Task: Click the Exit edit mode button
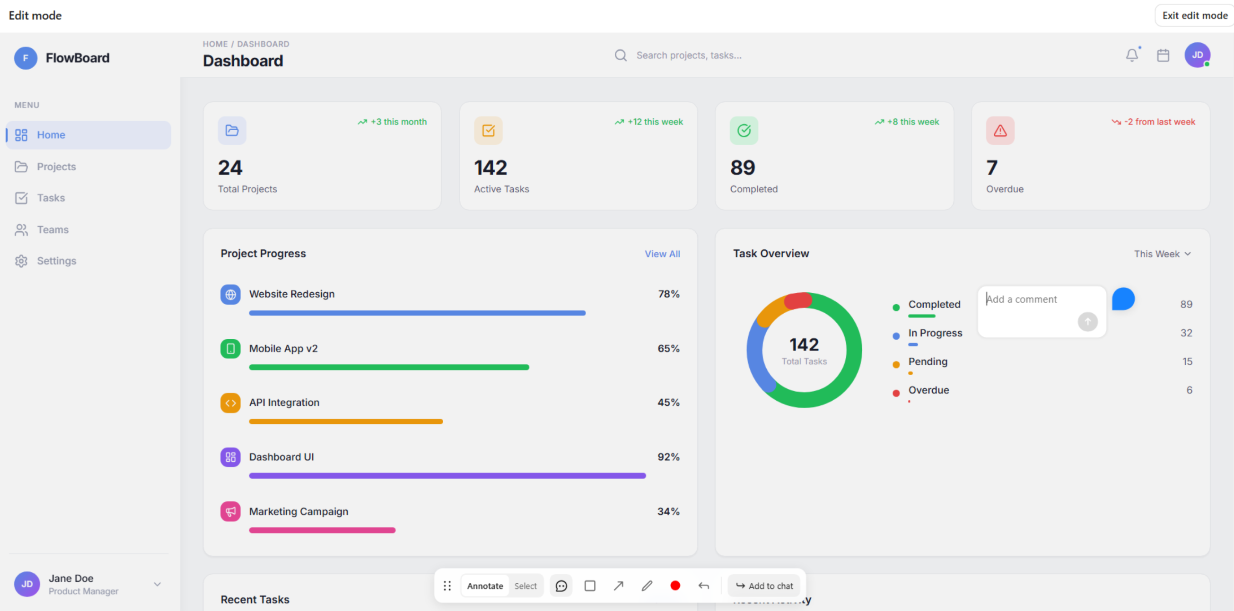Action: (x=1194, y=15)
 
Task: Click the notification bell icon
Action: (x=1132, y=55)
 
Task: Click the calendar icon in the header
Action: (x=1163, y=55)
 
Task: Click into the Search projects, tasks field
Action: (x=688, y=55)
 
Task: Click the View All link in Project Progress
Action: (x=662, y=254)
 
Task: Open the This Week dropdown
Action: (x=1162, y=254)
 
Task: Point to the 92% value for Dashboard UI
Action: (x=668, y=457)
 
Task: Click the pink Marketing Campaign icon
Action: (x=230, y=511)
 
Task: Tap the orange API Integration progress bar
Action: (x=346, y=422)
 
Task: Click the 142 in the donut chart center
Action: (x=804, y=345)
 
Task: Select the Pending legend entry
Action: (x=927, y=362)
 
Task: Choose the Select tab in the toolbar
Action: (x=525, y=586)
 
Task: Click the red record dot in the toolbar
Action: (x=675, y=586)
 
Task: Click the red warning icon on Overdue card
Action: (x=1000, y=130)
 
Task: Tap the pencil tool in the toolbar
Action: (x=647, y=586)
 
